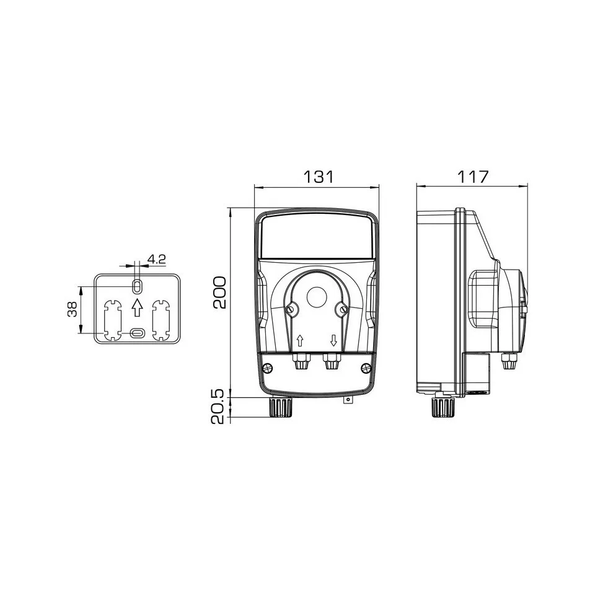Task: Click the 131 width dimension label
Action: [319, 177]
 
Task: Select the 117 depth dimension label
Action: [472, 177]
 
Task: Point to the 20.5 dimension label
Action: [219, 408]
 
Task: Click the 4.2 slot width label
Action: [156, 260]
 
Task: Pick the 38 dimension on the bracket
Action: [72, 309]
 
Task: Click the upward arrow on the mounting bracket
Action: [137, 307]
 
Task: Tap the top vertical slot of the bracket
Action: [137, 286]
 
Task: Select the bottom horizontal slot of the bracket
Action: [137, 333]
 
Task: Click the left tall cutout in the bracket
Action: [112, 320]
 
